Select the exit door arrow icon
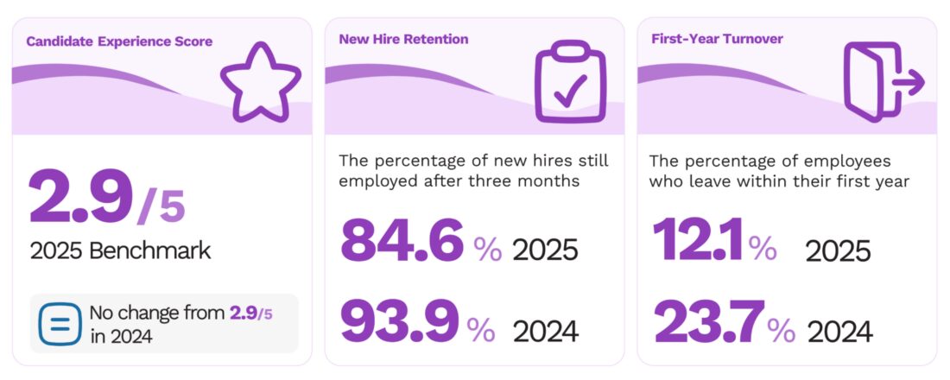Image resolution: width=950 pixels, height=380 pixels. point(882,81)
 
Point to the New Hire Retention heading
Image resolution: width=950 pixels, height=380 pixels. point(403,39)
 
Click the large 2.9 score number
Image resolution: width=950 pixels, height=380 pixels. point(81,199)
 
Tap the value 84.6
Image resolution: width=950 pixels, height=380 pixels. point(402,242)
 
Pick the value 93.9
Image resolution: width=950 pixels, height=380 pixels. point(399,322)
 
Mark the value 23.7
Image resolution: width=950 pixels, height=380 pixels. point(710,322)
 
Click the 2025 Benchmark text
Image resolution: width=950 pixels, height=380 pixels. point(120,251)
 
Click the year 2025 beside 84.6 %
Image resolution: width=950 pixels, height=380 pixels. point(545,250)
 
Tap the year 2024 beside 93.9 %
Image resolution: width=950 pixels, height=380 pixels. point(546,331)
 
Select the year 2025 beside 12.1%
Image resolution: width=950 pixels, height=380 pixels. point(838,251)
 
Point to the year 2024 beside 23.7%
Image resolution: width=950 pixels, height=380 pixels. point(839,331)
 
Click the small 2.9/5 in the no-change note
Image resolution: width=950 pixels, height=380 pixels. point(250,313)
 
